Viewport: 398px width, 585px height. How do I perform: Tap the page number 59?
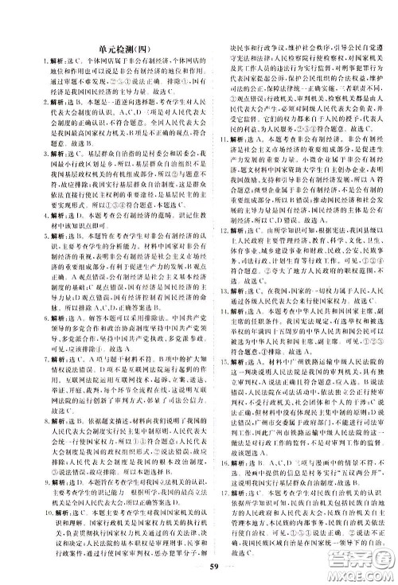click(x=199, y=567)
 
